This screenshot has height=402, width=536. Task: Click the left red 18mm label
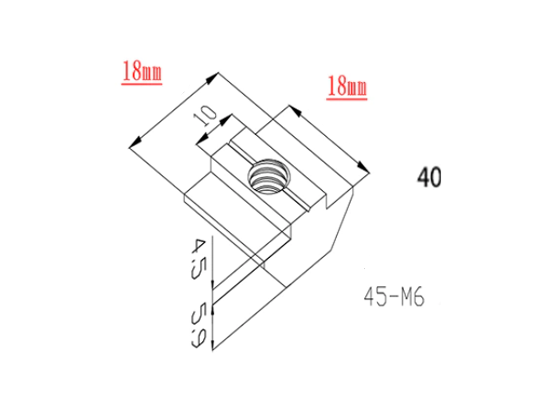coord(142,71)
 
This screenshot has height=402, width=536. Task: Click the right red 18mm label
coord(347,86)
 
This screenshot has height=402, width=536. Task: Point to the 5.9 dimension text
coord(197,324)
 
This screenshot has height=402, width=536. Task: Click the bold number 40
coord(429,177)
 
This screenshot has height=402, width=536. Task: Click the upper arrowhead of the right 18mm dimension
coord(293,110)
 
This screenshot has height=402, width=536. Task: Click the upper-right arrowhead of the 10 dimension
coord(229,117)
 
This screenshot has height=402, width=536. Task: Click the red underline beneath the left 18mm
coord(142,83)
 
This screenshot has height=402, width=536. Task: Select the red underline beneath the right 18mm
coord(347,98)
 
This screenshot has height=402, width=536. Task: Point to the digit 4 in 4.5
coord(196,246)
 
